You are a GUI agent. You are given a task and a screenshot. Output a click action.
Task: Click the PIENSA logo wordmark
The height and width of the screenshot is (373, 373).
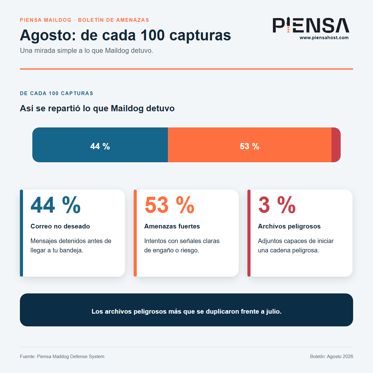[311, 25]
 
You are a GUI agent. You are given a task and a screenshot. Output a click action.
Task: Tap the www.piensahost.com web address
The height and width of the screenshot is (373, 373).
[324, 38]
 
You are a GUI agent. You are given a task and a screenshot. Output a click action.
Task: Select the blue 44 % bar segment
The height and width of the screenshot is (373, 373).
[100, 145]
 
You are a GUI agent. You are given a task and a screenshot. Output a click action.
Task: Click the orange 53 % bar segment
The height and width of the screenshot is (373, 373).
[250, 145]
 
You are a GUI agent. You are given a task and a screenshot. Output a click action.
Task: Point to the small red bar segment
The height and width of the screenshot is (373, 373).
[336, 145]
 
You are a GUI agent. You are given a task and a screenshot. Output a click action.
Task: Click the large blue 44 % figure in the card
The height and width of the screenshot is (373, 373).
[56, 205]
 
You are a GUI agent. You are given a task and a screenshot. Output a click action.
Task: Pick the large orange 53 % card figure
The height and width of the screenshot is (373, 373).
[169, 205]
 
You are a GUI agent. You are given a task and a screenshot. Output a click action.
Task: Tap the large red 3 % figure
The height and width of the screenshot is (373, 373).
[277, 205]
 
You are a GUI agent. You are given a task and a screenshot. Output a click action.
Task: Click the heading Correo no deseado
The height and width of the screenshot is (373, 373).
[60, 226]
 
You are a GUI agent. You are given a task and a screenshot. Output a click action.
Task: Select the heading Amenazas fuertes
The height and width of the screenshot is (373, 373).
[172, 226]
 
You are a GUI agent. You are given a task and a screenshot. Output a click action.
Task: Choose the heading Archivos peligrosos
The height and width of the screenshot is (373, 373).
[289, 226]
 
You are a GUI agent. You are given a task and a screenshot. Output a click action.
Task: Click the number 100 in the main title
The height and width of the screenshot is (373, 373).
[152, 35]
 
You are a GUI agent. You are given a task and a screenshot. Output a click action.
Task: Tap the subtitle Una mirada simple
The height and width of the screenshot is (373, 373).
[86, 51]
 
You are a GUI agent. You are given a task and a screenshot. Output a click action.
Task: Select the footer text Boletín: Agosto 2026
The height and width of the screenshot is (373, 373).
[332, 357]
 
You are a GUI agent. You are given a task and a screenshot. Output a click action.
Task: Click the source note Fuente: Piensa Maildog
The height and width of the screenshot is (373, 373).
[62, 357]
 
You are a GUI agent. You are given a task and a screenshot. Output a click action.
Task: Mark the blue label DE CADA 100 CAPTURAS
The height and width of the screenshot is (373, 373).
[57, 93]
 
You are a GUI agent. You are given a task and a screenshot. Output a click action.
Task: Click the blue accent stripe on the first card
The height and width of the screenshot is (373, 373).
[21, 233]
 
